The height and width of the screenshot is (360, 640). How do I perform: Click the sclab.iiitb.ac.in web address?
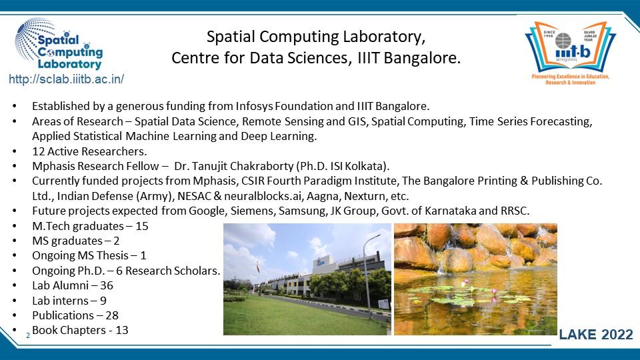click(66, 79)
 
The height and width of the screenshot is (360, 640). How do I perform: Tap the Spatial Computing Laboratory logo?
click(59, 44)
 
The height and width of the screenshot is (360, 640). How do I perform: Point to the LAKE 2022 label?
click(595, 335)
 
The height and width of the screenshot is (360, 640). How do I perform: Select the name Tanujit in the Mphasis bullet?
click(211, 166)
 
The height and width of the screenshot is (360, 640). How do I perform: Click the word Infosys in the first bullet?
click(254, 107)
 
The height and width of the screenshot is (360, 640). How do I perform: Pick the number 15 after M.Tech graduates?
click(141, 226)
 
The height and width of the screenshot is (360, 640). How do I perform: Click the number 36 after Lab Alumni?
click(107, 285)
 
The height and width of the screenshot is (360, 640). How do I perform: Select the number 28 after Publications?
click(112, 315)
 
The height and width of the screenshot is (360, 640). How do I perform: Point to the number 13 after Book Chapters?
click(121, 330)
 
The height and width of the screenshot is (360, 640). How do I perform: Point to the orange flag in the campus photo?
click(257, 267)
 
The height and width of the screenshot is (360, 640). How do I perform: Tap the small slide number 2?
click(28, 335)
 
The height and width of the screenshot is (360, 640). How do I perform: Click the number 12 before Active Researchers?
click(39, 151)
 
